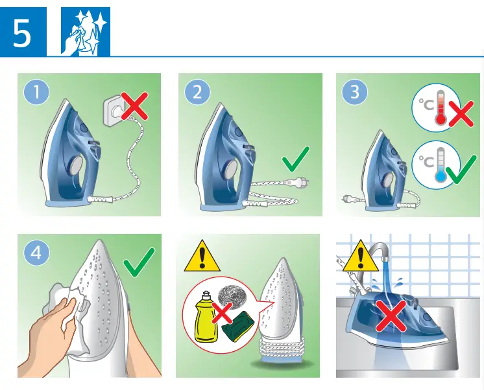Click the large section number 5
click(22, 33)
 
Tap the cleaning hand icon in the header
click(85, 32)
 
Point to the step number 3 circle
click(354, 92)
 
